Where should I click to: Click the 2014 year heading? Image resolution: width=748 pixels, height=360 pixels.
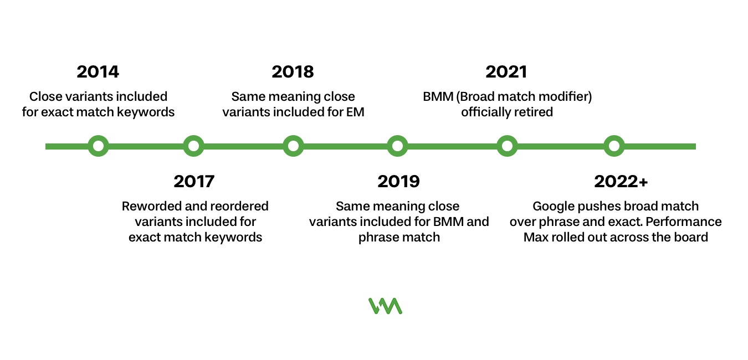[98, 72]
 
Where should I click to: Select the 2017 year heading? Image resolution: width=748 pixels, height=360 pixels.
[194, 181]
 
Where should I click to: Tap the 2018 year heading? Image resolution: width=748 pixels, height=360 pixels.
[293, 72]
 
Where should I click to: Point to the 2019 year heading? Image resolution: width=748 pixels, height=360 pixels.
[398, 181]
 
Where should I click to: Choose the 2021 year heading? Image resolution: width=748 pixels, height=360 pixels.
[506, 72]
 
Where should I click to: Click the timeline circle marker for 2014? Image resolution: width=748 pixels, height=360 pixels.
[98, 146]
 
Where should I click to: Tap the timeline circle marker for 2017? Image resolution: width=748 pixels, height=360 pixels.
[193, 146]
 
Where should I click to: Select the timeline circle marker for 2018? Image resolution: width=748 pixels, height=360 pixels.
[293, 146]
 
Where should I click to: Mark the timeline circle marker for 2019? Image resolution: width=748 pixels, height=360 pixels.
[397, 146]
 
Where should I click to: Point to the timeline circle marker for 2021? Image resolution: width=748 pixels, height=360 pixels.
[506, 146]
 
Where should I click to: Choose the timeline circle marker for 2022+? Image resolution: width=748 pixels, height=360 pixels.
[613, 146]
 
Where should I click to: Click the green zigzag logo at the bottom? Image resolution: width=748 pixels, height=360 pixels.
[385, 306]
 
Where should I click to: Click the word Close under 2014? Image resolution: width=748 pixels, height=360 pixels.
[45, 96]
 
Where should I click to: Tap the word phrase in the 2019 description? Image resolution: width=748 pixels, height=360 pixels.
[377, 238]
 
